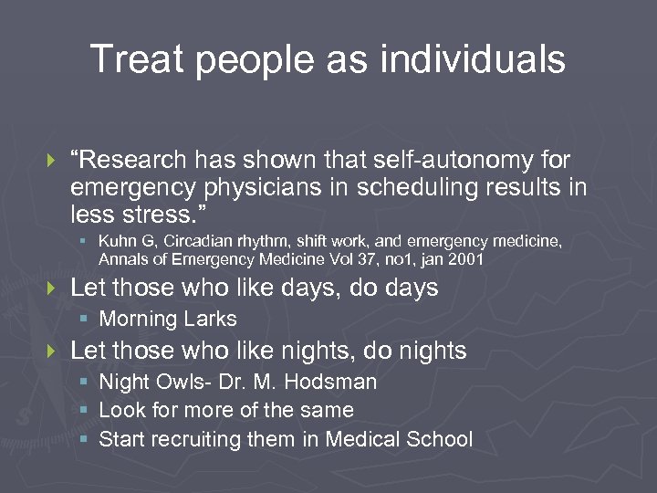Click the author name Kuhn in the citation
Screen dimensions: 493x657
118,242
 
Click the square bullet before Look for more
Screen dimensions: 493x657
83,411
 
